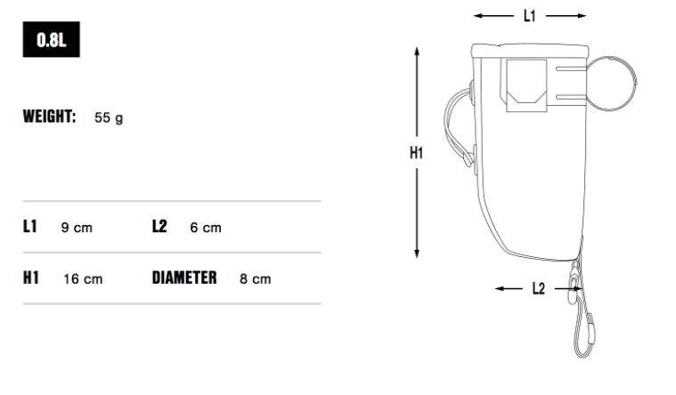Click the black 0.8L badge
(x=51, y=42)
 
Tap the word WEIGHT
(x=49, y=117)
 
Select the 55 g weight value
(x=108, y=117)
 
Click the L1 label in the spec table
(x=30, y=227)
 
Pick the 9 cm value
(x=76, y=228)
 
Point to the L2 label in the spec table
(x=159, y=227)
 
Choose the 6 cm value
(x=205, y=228)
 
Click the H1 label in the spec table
(x=31, y=278)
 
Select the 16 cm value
(x=82, y=278)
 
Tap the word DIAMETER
(x=184, y=278)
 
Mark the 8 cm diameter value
(x=255, y=278)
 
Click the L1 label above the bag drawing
(x=529, y=15)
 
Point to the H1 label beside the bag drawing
(x=416, y=153)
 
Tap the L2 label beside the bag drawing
(x=538, y=289)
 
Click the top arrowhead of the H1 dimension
(x=416, y=52)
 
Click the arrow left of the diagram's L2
(x=508, y=289)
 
